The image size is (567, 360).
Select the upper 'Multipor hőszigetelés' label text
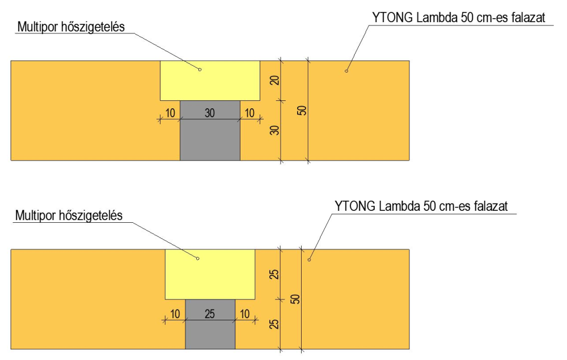(70, 27)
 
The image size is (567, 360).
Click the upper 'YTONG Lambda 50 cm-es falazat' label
(458, 18)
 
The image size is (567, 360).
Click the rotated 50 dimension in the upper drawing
(302, 111)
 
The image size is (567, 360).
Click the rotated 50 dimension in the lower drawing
(295, 299)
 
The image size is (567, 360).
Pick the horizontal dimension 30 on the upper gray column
(210, 113)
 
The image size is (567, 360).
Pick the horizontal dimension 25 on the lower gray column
(210, 314)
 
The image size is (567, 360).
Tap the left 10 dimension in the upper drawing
(170, 113)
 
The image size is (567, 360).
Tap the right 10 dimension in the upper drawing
(250, 113)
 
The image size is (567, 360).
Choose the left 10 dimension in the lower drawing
(175, 314)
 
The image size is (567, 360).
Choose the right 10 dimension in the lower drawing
(245, 314)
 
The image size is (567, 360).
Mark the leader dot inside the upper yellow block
(200, 69)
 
